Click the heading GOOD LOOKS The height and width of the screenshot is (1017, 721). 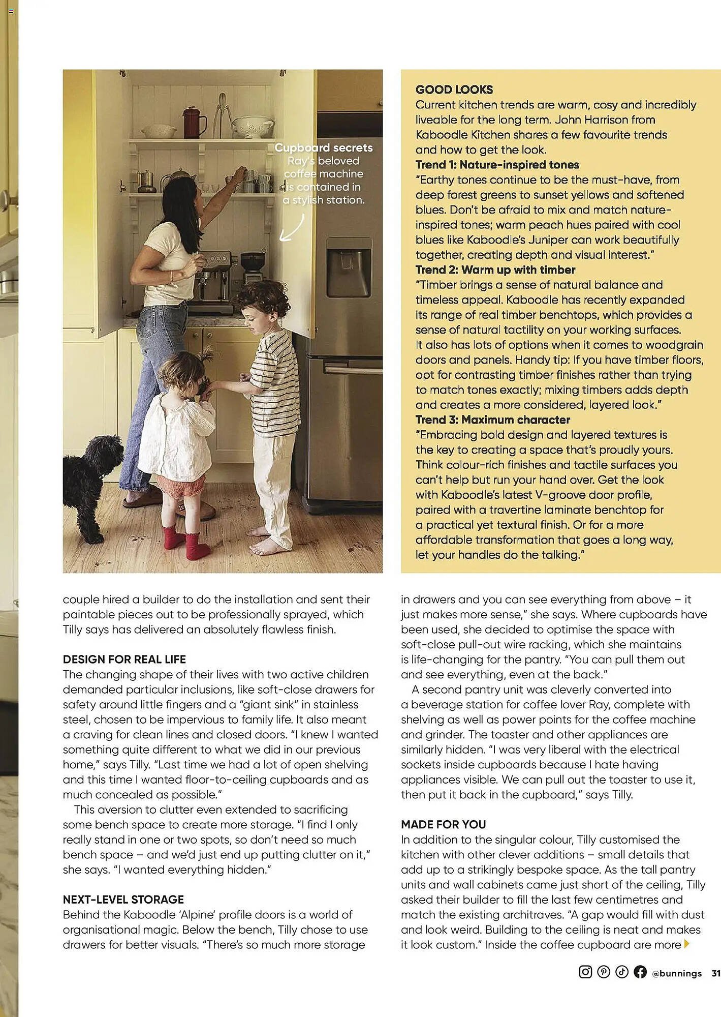point(454,90)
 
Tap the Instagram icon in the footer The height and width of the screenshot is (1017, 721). point(585,972)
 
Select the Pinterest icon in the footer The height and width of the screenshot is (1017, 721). point(604,972)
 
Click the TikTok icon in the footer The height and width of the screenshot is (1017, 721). point(622,972)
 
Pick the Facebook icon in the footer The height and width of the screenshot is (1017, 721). point(640,972)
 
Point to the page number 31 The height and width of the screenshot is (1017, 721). point(715,973)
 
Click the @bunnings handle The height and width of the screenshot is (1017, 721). point(676,973)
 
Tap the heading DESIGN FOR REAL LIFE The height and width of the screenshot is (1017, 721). point(124,660)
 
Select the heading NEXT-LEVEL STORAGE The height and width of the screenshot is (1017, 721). point(123,900)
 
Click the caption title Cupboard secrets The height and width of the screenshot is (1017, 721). point(324,148)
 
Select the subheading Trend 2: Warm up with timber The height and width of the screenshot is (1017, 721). point(495,270)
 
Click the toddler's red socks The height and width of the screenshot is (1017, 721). point(185,544)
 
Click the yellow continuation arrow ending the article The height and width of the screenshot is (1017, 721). point(687,944)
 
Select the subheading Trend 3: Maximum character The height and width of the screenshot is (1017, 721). point(492,420)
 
